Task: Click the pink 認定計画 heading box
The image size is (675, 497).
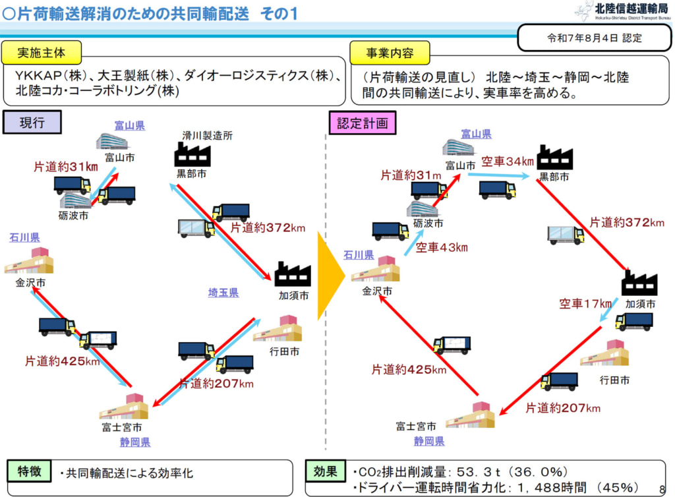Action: pos(363,123)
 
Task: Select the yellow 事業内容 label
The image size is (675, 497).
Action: pos(389,53)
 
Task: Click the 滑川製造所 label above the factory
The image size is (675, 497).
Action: pos(207,136)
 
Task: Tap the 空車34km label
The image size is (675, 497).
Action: pos(507,161)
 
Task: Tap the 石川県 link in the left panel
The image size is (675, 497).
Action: pos(24,237)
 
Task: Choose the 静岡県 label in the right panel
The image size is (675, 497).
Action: pos(429,441)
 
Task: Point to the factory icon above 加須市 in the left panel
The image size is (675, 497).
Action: pos(293,274)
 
